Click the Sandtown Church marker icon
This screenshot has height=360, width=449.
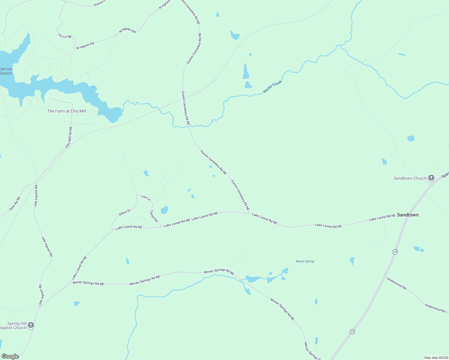pyautogui.click(x=431, y=178)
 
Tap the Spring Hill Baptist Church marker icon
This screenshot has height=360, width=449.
pyautogui.click(x=31, y=325)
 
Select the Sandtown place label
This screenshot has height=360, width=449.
pyautogui.click(x=408, y=215)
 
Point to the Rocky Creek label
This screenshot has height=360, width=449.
pyautogui.click(x=273, y=87)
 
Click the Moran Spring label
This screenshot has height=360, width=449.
pyautogui.click(x=305, y=261)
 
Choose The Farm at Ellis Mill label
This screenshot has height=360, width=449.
pyautogui.click(x=67, y=111)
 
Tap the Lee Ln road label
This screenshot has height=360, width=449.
pyautogui.click(x=146, y=197)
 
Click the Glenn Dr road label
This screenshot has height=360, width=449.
pyautogui.click(x=125, y=212)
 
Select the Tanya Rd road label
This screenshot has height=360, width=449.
pyautogui.click(x=154, y=216)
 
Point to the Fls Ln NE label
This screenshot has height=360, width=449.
pyautogui.click(x=65, y=36)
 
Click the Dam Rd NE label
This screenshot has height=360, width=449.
pyautogui.click(x=15, y=203)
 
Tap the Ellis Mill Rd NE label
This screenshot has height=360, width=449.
pyautogui.click(x=69, y=137)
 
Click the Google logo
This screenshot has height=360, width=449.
pyautogui.click(x=10, y=356)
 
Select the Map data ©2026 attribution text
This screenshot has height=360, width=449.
pyautogui.click(x=436, y=358)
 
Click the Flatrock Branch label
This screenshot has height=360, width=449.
pyautogui.click(x=6, y=71)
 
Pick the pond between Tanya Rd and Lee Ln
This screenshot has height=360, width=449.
pyautogui.click(x=164, y=210)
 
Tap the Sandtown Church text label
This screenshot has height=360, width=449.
pyautogui.click(x=410, y=178)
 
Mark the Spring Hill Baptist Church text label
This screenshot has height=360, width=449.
pyautogui.click(x=14, y=325)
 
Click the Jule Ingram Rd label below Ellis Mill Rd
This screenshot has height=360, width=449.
pyautogui.click(x=36, y=196)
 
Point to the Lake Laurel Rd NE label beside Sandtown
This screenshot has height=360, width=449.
pyautogui.click(x=382, y=217)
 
